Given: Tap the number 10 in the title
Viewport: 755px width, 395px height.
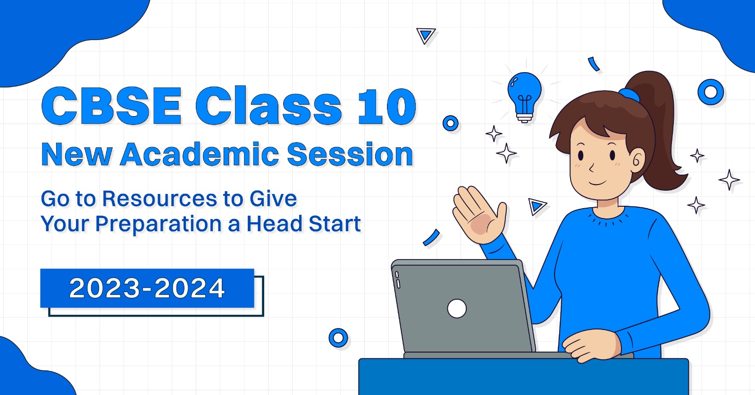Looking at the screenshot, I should tap(387, 107).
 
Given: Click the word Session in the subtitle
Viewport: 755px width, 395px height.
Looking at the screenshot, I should tap(350, 154).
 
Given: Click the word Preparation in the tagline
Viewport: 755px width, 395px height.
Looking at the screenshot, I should tap(158, 224).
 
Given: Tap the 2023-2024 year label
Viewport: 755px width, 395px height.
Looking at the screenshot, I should tap(147, 288).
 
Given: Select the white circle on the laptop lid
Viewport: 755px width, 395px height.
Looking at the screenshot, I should tap(456, 309).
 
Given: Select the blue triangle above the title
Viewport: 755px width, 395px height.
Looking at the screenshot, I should tap(426, 35).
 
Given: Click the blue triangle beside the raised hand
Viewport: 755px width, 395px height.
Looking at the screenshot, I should tap(537, 206).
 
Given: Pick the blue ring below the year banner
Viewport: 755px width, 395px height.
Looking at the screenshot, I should tap(338, 338).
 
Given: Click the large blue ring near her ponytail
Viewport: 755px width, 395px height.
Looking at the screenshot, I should tap(710, 92).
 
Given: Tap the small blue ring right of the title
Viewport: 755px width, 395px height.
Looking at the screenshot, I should tap(451, 124).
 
